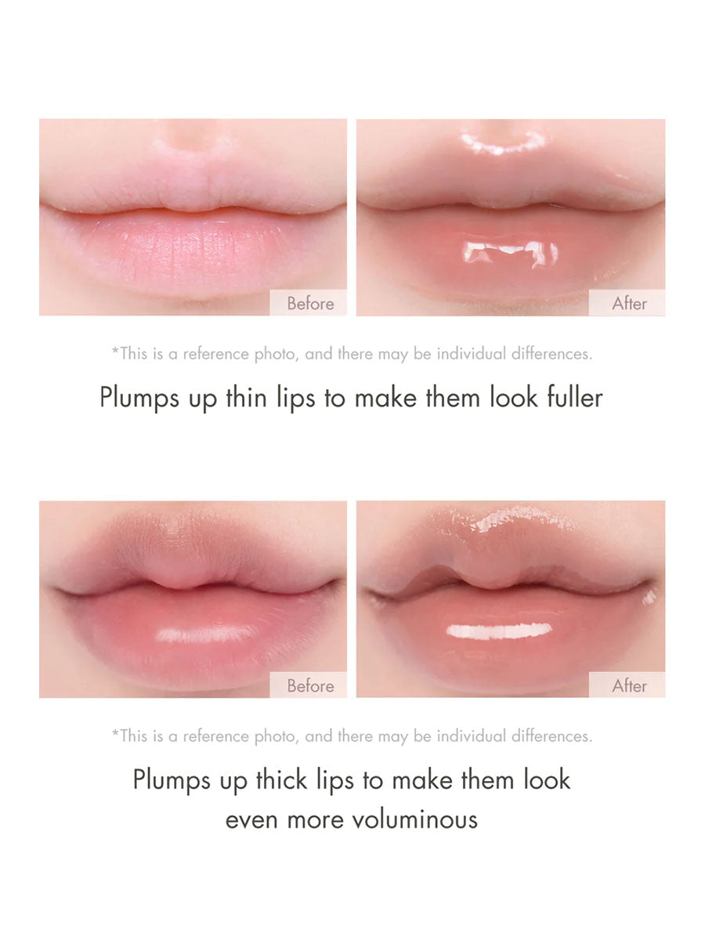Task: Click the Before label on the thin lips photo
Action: (x=310, y=304)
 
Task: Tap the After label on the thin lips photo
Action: (x=629, y=304)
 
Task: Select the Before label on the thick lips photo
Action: (x=310, y=685)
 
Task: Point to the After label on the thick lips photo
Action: (x=629, y=685)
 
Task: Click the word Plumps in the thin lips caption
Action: (x=139, y=398)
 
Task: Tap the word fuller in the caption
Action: (x=575, y=397)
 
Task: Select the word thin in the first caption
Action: (x=246, y=397)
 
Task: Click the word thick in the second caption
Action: (x=282, y=779)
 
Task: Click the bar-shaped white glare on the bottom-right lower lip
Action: (x=499, y=631)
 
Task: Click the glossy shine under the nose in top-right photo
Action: (x=503, y=143)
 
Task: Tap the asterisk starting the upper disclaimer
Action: (x=115, y=350)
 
